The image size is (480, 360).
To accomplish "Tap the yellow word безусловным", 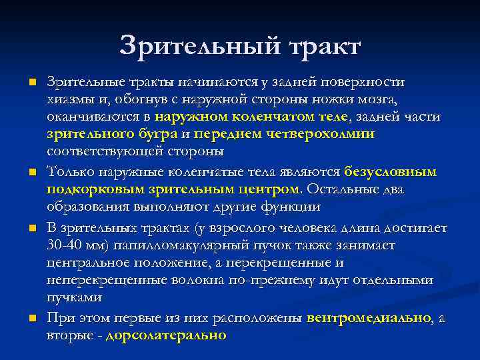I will click(390, 172).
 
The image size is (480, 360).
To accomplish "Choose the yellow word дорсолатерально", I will click(166, 335).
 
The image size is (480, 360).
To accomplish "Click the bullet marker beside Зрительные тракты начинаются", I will click(32, 82).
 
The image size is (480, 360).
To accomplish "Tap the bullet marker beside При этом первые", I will click(32, 318).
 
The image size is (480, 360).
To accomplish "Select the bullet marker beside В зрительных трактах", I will click(32, 228).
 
